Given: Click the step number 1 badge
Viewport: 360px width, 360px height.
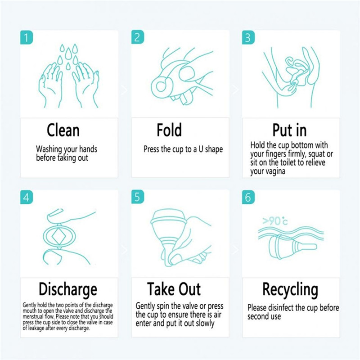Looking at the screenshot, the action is coord(27,37).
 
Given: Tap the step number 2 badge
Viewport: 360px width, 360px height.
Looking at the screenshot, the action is coord(138,37).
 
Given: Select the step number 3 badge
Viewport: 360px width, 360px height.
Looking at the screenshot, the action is coord(248,37).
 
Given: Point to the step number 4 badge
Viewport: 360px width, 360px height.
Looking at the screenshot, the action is coord(27,197).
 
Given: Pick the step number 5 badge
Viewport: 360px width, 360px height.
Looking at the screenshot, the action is coord(138,197).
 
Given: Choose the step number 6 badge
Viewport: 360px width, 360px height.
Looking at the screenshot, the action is coord(248,197).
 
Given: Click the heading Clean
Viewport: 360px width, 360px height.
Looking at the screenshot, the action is coord(63,130).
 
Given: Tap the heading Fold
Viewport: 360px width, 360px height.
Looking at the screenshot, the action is coord(169,130).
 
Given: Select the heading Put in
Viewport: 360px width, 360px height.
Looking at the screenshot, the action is coord(289,130).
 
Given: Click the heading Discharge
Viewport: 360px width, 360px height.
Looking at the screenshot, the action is coord(68,290).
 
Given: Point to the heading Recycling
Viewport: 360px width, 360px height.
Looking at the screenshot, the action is coord(290,290).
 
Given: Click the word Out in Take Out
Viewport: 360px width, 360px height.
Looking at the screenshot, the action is coord(189,289).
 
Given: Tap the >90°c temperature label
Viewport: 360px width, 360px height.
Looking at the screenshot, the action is coord(275,221).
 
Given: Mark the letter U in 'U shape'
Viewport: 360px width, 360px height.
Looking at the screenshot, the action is coord(201,149).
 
